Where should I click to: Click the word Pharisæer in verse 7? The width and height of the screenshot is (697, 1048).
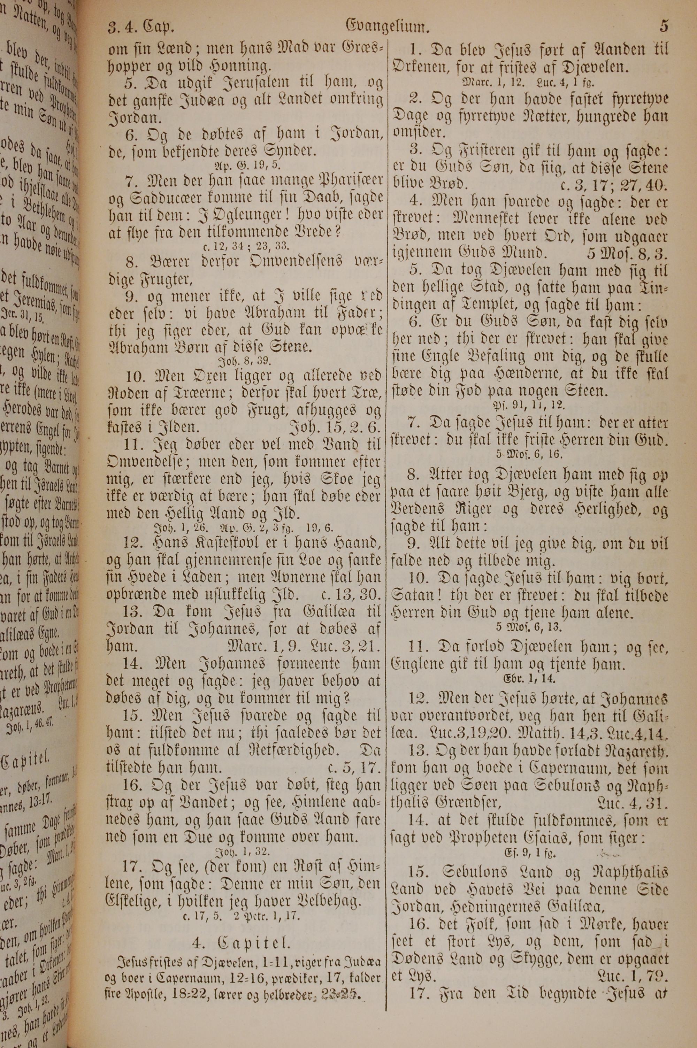click(338, 182)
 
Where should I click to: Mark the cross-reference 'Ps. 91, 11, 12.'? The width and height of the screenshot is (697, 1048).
click(529, 405)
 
